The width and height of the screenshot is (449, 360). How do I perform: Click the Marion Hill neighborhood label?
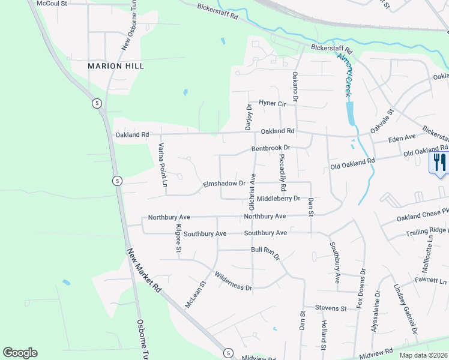[x=116, y=66]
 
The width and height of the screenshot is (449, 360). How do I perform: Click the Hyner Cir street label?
[x=273, y=103]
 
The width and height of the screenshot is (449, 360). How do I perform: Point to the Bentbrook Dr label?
[x=271, y=148]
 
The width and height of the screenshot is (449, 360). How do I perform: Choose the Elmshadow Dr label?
[x=224, y=184]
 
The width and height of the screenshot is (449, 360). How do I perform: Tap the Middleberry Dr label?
[x=278, y=199]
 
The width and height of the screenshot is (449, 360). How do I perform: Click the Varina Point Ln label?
[x=161, y=164]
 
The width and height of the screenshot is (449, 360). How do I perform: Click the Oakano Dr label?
[x=295, y=85]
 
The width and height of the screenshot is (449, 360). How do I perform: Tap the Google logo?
[x=20, y=353]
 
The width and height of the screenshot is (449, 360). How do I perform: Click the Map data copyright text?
[x=423, y=355]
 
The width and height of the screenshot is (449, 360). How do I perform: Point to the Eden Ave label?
[x=402, y=138]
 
